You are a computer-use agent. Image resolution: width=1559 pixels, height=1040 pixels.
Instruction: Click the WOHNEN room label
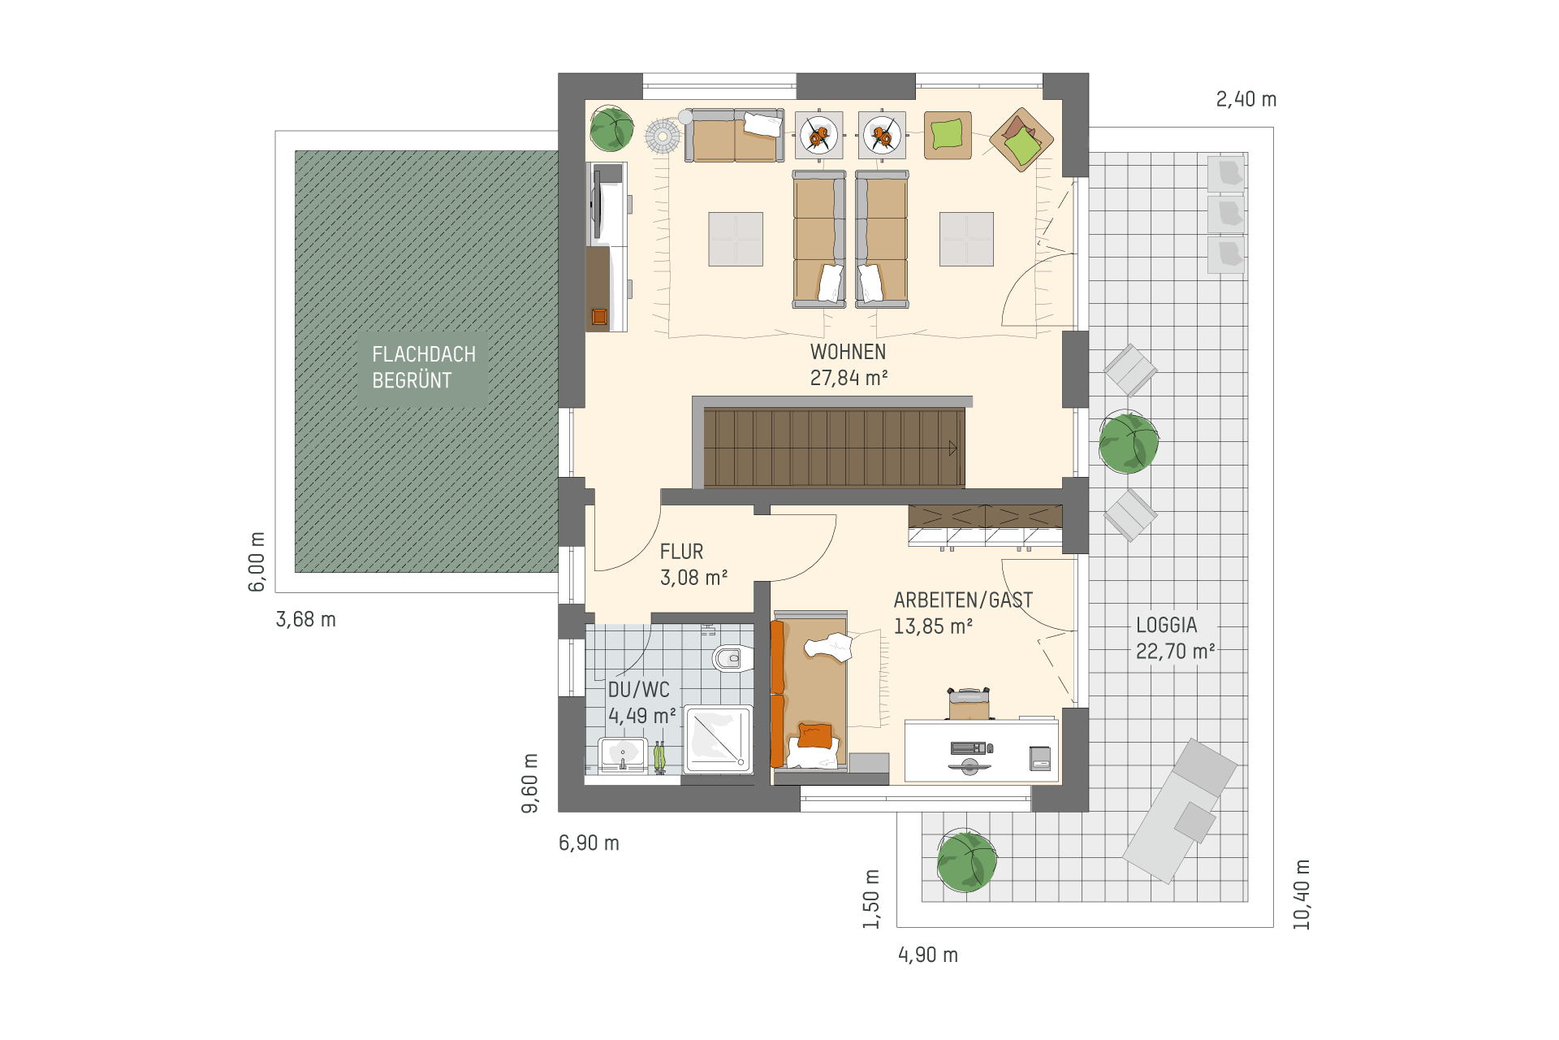coord(849,365)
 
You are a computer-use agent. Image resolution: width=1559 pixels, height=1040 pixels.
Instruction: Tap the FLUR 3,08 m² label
coord(693,565)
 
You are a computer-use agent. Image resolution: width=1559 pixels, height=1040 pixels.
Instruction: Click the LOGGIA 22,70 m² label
coord(1175,638)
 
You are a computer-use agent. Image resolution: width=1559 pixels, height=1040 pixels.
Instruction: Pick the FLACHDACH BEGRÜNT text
coord(424,367)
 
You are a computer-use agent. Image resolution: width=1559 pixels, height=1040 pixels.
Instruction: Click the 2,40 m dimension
coord(1246,99)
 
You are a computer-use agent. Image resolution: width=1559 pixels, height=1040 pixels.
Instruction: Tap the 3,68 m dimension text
coord(306,619)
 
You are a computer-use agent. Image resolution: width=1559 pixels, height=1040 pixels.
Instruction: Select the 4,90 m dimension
coord(928,955)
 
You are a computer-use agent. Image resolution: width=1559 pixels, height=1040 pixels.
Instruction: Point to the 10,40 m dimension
coord(1302,895)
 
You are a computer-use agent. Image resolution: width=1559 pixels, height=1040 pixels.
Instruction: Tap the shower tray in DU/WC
coord(718,739)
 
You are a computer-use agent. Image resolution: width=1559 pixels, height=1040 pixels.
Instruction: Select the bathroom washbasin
coord(622,754)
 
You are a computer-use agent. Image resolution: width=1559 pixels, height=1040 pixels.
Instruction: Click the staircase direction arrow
coord(952,448)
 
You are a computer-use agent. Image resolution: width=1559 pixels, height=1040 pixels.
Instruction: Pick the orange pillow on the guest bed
coord(814,735)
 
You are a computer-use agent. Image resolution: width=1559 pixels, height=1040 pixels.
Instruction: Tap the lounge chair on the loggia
coord(1181,810)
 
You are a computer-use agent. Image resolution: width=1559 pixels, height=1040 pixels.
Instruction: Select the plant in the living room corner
coord(611,129)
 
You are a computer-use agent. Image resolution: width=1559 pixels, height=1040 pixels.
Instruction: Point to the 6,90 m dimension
coord(589,843)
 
